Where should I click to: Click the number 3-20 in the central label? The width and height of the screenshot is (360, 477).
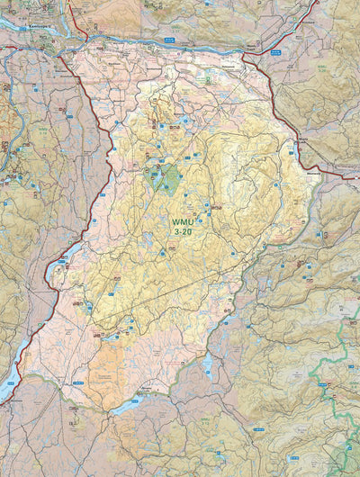183,231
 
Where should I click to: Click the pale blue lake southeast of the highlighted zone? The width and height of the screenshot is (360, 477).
208,364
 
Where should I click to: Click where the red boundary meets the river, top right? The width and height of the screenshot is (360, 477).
243,53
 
